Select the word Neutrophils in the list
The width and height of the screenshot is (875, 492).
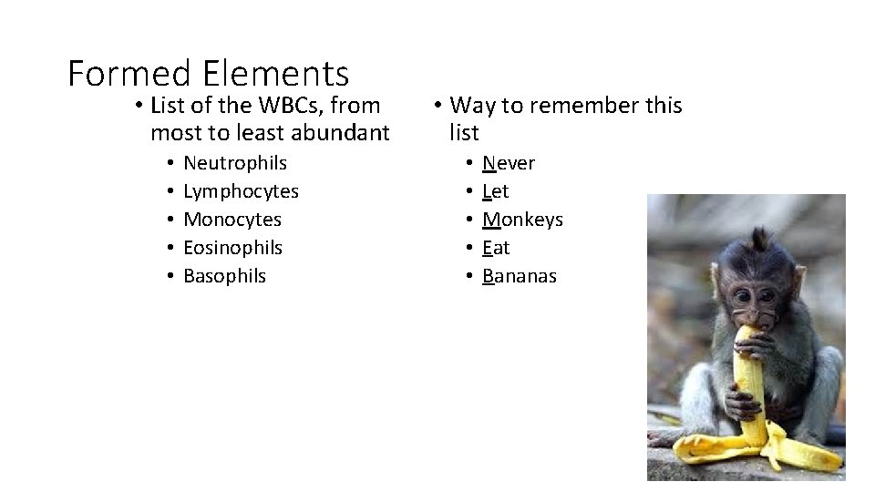click(235, 163)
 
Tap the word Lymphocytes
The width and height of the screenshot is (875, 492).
click(241, 191)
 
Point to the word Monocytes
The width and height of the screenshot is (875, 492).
click(232, 220)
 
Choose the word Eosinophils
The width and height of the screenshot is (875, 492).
click(233, 248)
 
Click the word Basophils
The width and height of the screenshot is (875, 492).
click(225, 276)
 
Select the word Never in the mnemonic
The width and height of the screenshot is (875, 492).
click(509, 163)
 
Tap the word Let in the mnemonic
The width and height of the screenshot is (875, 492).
click(495, 191)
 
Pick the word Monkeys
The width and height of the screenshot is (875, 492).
click(522, 220)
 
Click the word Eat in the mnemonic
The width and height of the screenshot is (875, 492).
click(496, 248)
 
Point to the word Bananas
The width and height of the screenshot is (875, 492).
click(519, 276)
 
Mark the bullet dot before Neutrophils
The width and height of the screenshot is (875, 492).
click(170, 164)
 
